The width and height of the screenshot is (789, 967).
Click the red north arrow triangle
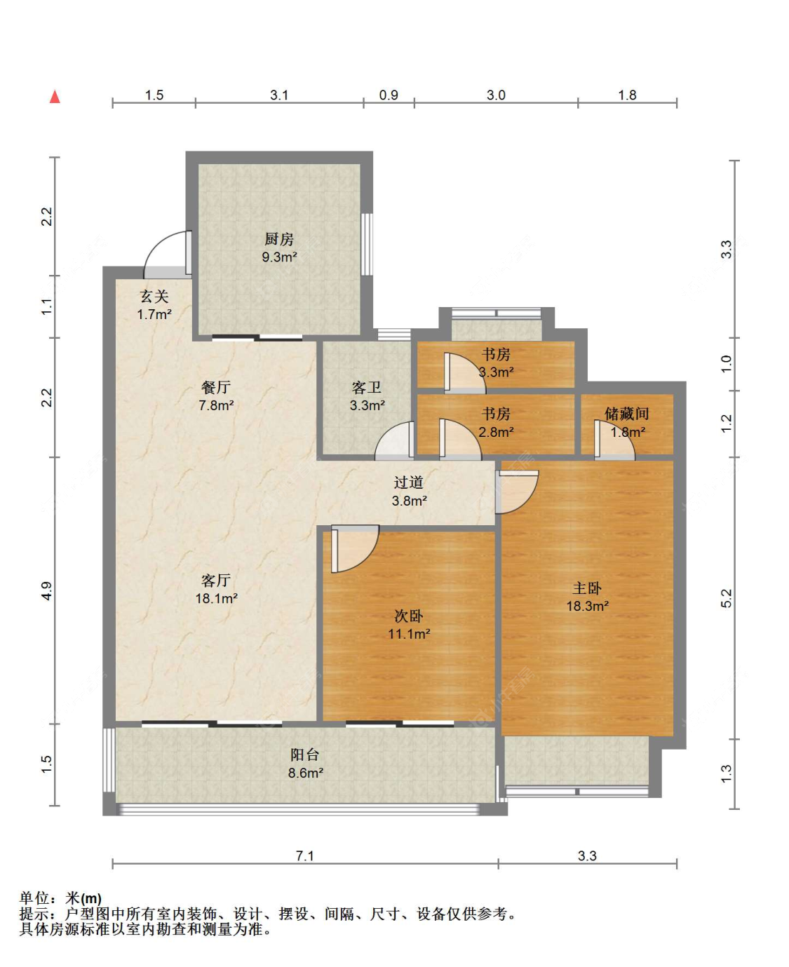pos(55,97)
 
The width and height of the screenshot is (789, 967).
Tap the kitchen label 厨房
pos(278,239)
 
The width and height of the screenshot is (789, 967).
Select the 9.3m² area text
pos(279,257)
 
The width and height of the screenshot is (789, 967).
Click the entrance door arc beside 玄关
pos(163,251)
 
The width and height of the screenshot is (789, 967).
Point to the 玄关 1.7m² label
pos(154,306)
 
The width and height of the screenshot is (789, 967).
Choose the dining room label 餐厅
pos(215,387)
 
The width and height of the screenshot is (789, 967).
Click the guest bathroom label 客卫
pos(366,387)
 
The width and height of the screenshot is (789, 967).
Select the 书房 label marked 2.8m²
pos(496,414)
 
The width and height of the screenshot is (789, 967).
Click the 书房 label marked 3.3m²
pos(496,355)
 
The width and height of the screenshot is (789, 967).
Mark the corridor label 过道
pos(408,482)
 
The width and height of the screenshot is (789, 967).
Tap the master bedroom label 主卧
pos(587,588)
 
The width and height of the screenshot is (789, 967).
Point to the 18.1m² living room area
pos(216,599)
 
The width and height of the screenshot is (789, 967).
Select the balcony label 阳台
pos(304,755)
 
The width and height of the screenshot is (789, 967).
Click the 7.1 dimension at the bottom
pos(304,856)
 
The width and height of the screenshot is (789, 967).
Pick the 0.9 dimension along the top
pos(389,95)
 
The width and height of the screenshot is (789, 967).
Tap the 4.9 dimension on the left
pos(46,590)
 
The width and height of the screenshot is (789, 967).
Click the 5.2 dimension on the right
pos(726,597)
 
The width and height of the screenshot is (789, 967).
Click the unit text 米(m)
pos(83,898)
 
